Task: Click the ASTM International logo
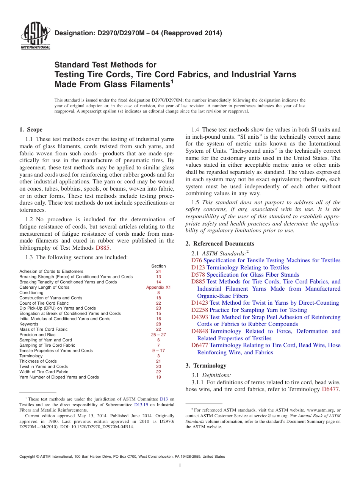[35, 36]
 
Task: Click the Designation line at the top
[138, 33]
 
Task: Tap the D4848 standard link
[200, 331]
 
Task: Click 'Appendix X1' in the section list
[158, 287]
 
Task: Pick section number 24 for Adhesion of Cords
[158, 271]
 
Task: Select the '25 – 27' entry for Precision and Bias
[158, 335]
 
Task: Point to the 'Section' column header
[158, 266]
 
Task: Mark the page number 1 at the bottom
[180, 466]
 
